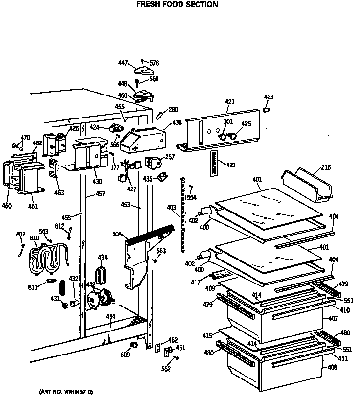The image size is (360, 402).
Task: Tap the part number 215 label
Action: pyautogui.click(x=326, y=168)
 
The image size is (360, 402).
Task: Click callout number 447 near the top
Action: pyautogui.click(x=123, y=63)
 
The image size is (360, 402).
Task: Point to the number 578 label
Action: pyautogui.click(x=154, y=63)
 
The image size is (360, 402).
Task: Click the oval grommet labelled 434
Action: pyautogui.click(x=102, y=275)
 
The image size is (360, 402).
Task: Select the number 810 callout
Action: pyautogui.click(x=34, y=238)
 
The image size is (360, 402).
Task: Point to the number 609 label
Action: pyautogui.click(x=126, y=355)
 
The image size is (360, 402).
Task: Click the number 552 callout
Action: pyautogui.click(x=167, y=369)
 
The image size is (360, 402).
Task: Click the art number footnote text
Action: pyautogui.click(x=66, y=392)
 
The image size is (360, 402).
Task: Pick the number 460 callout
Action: pyautogui.click(x=7, y=206)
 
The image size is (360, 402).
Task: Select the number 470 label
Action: pyautogui.click(x=25, y=138)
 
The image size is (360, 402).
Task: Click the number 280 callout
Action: pyautogui.click(x=173, y=110)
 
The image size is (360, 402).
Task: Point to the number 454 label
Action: pyautogui.click(x=111, y=316)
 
